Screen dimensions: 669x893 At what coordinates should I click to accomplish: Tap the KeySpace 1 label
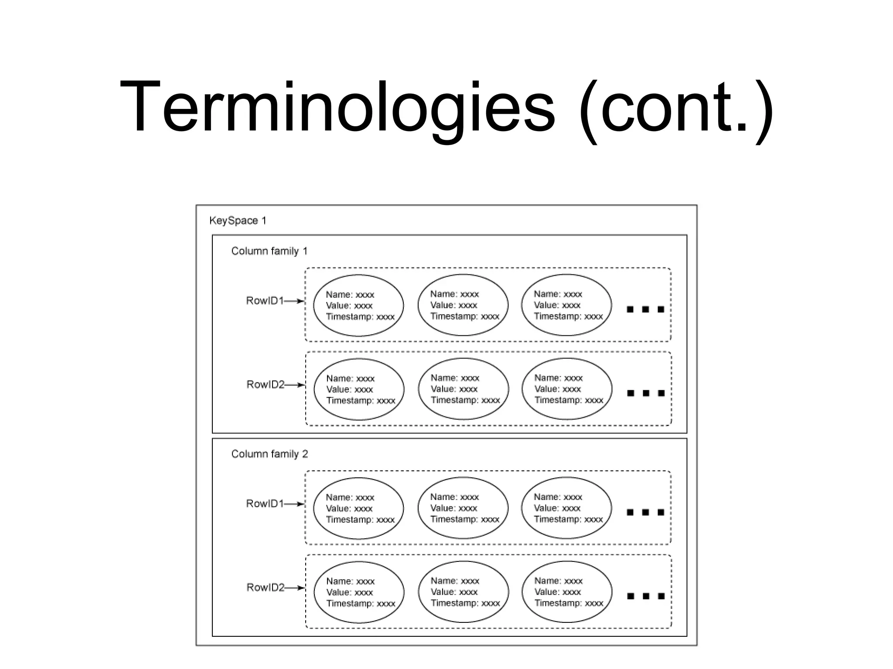point(238,220)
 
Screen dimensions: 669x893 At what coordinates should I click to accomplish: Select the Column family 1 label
point(269,251)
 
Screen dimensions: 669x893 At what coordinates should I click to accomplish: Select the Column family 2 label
point(269,454)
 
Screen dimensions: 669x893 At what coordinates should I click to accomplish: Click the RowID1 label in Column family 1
point(265,301)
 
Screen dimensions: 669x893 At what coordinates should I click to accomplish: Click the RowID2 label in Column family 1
point(265,385)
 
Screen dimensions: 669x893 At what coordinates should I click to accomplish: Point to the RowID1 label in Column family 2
point(265,503)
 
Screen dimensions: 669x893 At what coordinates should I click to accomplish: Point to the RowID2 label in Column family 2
point(265,588)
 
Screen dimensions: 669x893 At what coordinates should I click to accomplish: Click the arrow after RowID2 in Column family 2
point(295,588)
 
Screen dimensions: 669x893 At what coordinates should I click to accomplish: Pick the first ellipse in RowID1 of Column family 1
point(358,305)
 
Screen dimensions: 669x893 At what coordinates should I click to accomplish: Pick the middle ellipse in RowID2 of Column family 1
point(463,389)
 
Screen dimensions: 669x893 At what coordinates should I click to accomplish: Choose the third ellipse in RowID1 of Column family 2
point(566,508)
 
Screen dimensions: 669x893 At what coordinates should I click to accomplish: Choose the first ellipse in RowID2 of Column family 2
point(359,592)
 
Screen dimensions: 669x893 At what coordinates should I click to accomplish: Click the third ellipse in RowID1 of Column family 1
point(566,305)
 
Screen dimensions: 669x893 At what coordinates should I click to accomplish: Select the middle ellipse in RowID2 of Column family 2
point(463,591)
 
